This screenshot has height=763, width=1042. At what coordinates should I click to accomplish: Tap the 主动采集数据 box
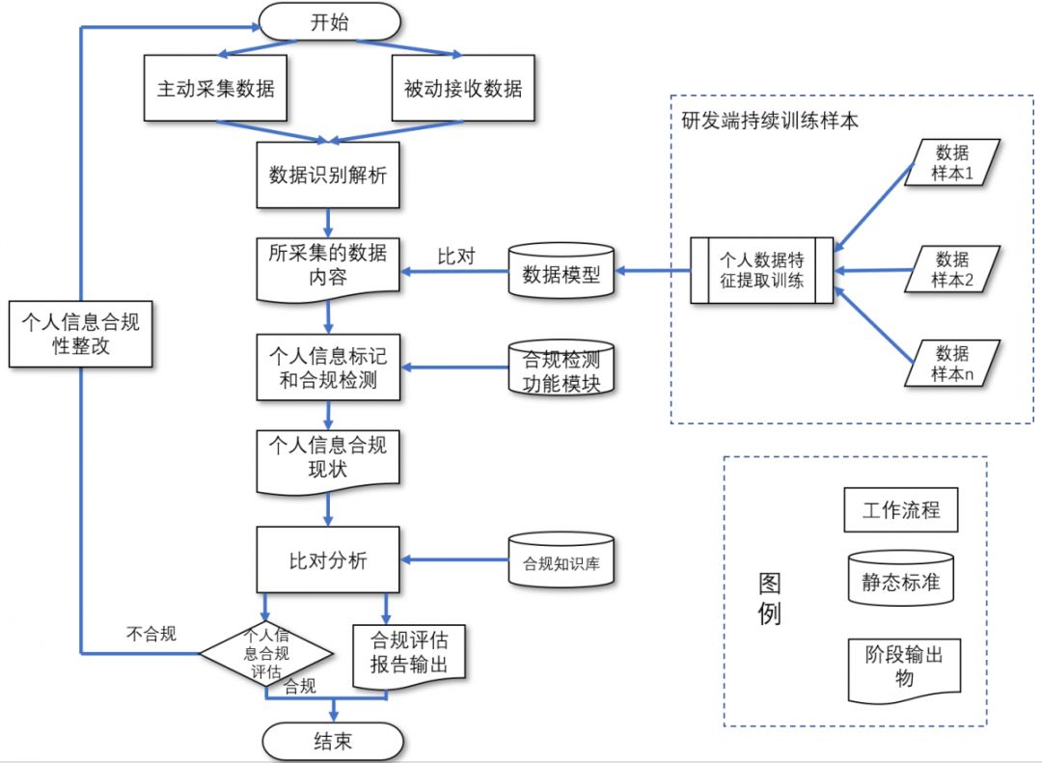pos(216,89)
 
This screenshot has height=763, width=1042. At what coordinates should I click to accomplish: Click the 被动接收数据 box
pos(463,89)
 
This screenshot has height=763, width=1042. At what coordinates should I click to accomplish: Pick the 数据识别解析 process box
pos(328,176)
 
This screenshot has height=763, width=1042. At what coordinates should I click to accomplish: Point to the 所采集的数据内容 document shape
pos(328,265)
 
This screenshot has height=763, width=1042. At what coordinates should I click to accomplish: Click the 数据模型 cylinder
pos(561,273)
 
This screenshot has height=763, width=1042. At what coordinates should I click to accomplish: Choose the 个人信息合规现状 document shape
pos(328,457)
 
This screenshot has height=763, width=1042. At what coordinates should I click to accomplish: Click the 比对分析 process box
pos(328,559)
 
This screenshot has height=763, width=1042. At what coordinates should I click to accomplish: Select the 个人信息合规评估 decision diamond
pos(266,653)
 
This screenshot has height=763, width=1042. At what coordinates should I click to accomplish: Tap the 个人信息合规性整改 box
pos(81,333)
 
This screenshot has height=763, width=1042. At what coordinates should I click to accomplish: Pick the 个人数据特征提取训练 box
pos(762,271)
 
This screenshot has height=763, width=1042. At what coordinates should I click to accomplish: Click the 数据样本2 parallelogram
pos(952,269)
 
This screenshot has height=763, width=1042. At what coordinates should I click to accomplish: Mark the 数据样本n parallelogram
pos(952,363)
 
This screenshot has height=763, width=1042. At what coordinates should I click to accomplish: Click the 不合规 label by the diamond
pos(151,634)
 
